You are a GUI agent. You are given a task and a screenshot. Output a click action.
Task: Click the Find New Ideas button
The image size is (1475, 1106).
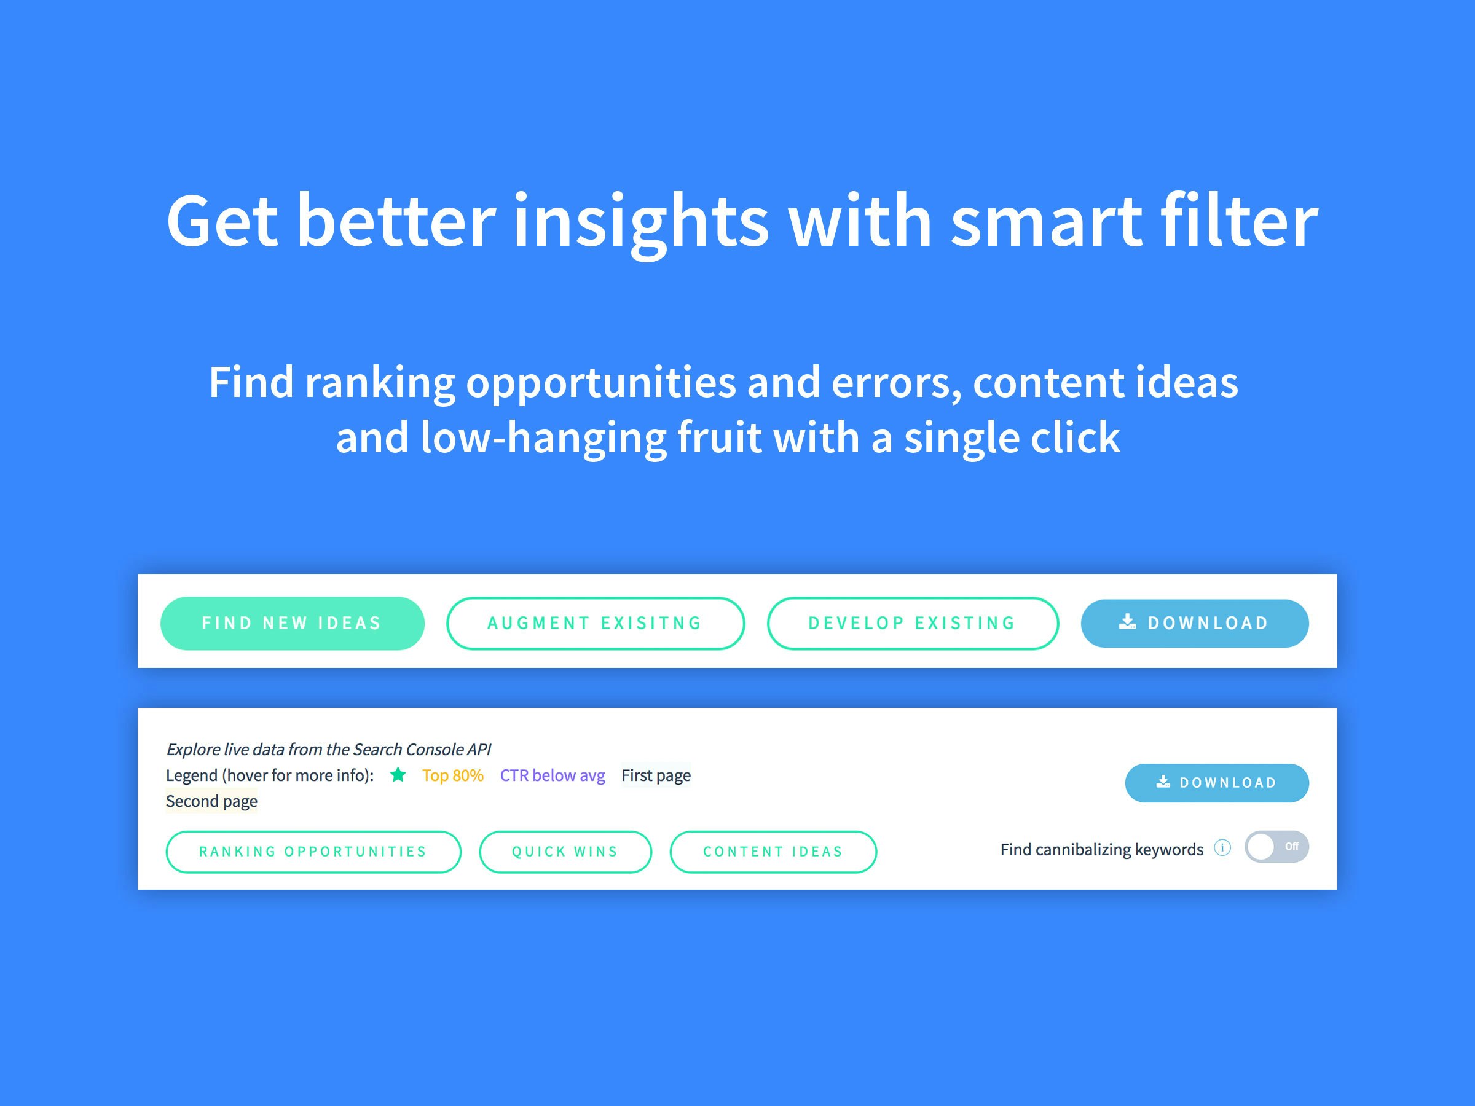click(x=292, y=623)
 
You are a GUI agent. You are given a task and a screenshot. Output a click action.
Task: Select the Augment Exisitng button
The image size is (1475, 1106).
click(x=596, y=623)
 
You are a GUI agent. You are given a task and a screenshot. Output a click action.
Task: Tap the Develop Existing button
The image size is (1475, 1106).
click(x=912, y=623)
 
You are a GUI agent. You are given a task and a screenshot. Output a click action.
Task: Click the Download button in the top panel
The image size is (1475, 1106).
click(x=1194, y=623)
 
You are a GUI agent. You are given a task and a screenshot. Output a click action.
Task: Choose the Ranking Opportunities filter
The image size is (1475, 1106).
click(x=313, y=852)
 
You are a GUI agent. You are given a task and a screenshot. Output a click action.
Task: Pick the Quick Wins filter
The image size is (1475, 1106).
click(x=565, y=852)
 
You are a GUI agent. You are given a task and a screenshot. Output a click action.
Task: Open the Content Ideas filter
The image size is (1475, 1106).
click(x=773, y=852)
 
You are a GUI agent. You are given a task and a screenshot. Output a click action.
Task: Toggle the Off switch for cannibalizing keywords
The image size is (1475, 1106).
click(x=1276, y=847)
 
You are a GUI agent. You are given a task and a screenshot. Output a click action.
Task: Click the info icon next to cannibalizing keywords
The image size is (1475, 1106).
click(x=1222, y=847)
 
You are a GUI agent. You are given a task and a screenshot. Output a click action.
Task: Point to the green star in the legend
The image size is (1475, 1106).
click(x=398, y=775)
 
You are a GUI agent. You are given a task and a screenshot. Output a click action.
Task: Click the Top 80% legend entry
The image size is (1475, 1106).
click(x=453, y=775)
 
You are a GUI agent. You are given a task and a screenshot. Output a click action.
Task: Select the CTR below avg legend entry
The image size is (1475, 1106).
click(x=553, y=775)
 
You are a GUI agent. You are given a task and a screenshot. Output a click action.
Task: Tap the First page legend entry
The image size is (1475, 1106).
click(x=656, y=775)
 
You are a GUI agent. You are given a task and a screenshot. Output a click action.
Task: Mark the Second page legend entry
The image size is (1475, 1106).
click(x=211, y=801)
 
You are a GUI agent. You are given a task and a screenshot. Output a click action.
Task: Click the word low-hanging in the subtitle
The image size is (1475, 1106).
click(x=544, y=438)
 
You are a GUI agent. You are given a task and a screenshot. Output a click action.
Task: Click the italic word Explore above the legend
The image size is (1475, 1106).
click(x=194, y=750)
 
